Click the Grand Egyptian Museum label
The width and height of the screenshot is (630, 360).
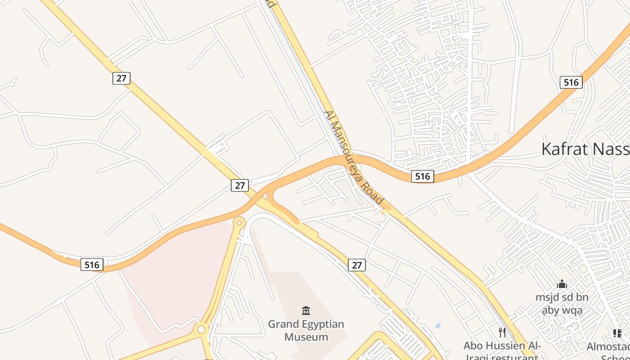306,330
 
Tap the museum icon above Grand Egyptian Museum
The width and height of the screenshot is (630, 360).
306,310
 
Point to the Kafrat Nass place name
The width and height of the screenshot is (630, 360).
585,148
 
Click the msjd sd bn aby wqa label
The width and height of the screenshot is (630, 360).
562,304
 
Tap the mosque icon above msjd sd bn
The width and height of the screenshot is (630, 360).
562,284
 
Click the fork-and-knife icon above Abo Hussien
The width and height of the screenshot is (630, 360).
502,333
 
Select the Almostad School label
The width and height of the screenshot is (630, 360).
610,351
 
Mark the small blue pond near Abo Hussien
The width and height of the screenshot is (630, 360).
438,325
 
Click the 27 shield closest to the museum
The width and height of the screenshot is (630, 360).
357,265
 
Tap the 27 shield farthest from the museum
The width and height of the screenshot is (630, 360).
121,78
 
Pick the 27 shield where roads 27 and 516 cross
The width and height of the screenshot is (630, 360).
240,185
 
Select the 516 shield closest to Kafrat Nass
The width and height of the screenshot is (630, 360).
571,82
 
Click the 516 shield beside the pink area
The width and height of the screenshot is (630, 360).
92,265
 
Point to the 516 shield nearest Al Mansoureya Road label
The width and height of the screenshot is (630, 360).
423,176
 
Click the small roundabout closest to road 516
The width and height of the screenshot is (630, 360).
239,222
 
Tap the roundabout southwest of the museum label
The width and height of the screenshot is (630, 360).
201,329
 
